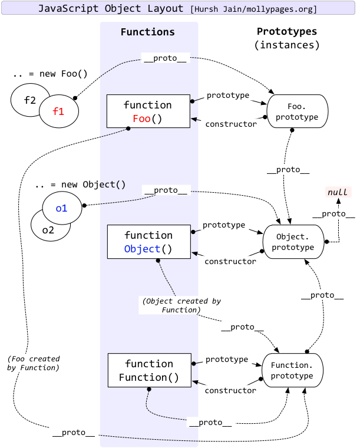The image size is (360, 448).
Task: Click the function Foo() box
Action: pyautogui.click(x=148, y=111)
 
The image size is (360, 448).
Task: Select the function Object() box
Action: pyautogui.click(x=148, y=242)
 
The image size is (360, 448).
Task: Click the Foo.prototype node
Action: pyautogui.click(x=298, y=111)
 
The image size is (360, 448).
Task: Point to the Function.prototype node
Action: pyautogui.click(x=292, y=370)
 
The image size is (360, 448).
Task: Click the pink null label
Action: pyautogui.click(x=338, y=193)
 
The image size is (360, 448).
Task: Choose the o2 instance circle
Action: pyautogui.click(x=47, y=230)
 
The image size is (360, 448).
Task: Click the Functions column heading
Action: pyautogui.click(x=147, y=32)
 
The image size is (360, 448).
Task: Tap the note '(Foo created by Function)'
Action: pyautogui.click(x=34, y=363)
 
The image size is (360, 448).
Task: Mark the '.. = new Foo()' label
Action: pyautogui.click(x=49, y=75)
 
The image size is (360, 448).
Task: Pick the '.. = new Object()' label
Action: pyautogui.click(x=80, y=185)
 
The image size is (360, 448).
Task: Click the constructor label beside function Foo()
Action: pyautogui.click(x=230, y=124)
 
